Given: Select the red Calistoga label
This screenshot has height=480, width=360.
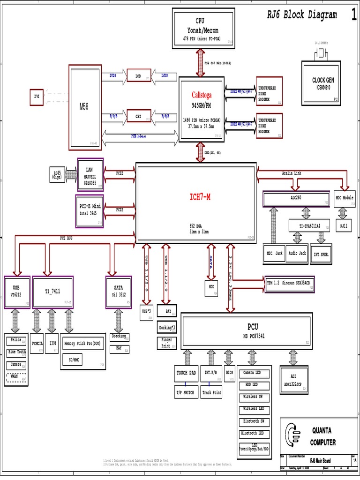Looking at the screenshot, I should (201, 95).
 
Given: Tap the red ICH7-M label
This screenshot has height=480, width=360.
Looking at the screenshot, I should (200, 197).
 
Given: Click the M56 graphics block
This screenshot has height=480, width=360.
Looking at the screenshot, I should (85, 107).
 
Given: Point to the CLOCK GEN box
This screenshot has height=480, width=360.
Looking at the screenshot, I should (323, 83).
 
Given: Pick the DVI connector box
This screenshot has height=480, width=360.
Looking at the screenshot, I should (37, 97).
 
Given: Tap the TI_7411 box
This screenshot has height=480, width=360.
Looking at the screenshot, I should (52, 292).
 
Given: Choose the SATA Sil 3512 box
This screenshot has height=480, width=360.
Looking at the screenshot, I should (119, 292).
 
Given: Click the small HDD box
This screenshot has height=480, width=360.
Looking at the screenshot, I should (211, 288).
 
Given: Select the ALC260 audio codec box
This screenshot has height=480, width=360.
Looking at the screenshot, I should (296, 199).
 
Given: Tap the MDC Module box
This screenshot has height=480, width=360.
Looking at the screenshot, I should (345, 199).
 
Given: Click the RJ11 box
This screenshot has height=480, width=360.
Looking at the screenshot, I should (345, 226).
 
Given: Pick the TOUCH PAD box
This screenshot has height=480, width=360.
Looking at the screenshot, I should (186, 374).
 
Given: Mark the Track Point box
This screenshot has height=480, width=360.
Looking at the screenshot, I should (212, 393).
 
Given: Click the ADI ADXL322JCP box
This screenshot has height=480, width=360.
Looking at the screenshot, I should (293, 379).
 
